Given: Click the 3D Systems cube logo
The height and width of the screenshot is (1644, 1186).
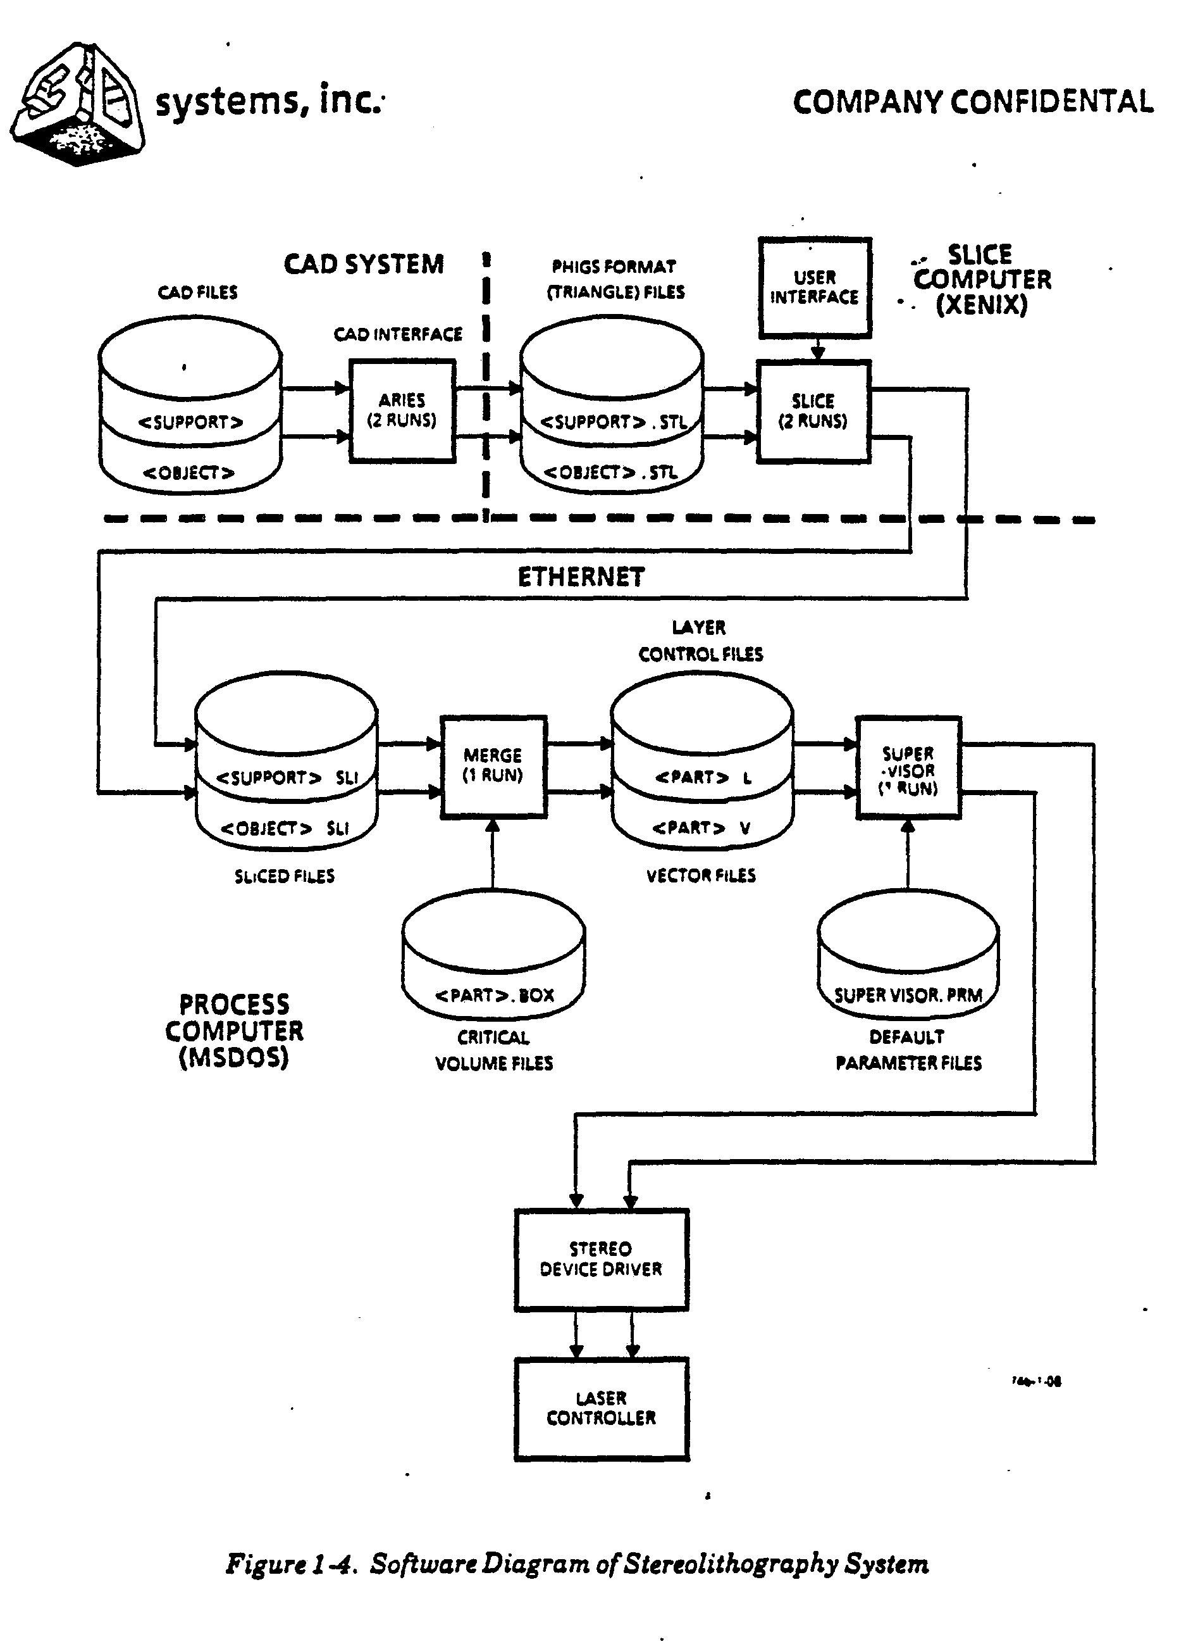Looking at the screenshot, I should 78,105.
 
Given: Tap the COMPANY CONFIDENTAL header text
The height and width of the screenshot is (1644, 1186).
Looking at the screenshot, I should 972,102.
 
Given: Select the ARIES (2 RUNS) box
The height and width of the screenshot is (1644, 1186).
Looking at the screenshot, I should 402,411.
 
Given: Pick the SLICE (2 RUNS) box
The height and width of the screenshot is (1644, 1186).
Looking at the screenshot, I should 813,411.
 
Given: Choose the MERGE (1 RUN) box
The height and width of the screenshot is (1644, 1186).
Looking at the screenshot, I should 493,766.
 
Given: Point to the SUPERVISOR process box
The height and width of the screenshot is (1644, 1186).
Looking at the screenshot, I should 908,769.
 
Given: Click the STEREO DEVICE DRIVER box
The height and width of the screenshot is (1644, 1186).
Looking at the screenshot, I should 602,1259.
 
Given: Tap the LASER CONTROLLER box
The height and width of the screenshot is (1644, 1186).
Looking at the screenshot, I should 602,1408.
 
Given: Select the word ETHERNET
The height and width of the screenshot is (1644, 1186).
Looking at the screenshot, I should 581,577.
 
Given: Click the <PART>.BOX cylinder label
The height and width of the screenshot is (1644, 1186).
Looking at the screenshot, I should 494,995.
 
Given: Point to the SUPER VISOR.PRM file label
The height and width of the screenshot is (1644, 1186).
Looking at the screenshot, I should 908,995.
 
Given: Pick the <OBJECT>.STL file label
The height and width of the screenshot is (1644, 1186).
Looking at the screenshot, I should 611,473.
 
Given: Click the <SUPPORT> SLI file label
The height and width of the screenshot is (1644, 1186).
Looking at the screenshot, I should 287,778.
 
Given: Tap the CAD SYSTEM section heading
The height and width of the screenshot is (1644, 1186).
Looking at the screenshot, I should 364,265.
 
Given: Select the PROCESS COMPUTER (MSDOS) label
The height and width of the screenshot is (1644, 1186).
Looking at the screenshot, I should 234,1031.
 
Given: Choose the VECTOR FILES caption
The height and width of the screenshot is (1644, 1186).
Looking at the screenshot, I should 701,875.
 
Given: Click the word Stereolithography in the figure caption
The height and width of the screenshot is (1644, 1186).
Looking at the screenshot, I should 731,1564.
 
